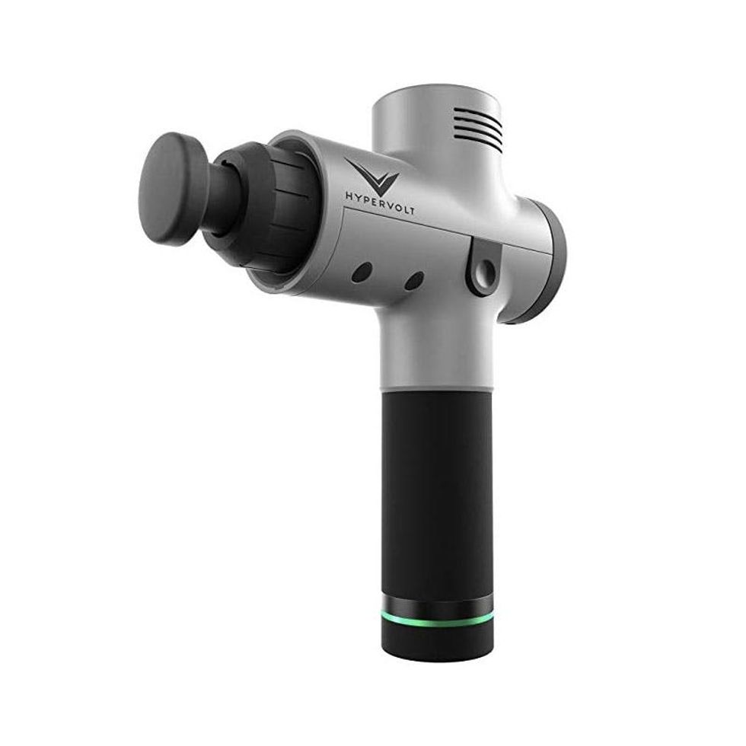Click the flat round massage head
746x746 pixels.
174,189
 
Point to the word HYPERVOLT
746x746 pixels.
380,202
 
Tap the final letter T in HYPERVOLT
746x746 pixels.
410,210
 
